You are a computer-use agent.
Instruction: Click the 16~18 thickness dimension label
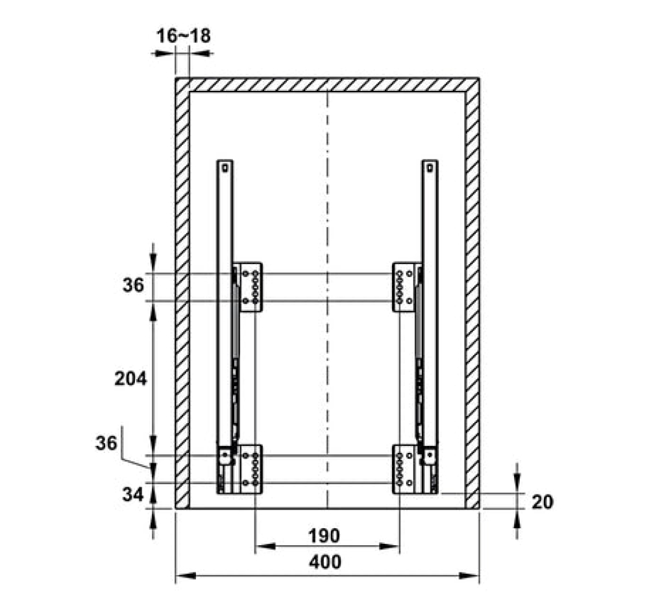(x=184, y=36)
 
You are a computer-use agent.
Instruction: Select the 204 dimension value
(x=130, y=378)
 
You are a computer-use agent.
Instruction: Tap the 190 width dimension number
(x=324, y=536)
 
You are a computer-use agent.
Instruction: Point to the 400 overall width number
(x=325, y=562)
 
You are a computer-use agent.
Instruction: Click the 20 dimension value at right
(x=542, y=502)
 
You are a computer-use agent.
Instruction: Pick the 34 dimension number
(x=133, y=494)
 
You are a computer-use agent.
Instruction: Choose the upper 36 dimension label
(x=133, y=285)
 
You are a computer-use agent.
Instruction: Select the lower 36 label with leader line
(x=106, y=443)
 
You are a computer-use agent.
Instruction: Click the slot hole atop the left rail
(x=225, y=168)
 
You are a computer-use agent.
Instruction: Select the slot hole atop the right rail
(x=430, y=168)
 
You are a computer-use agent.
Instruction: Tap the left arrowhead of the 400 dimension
(x=186, y=576)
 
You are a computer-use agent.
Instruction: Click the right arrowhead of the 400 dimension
(x=469, y=576)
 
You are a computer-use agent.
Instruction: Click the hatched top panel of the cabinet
(x=327, y=85)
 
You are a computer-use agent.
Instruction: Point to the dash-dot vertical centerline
(x=327, y=300)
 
